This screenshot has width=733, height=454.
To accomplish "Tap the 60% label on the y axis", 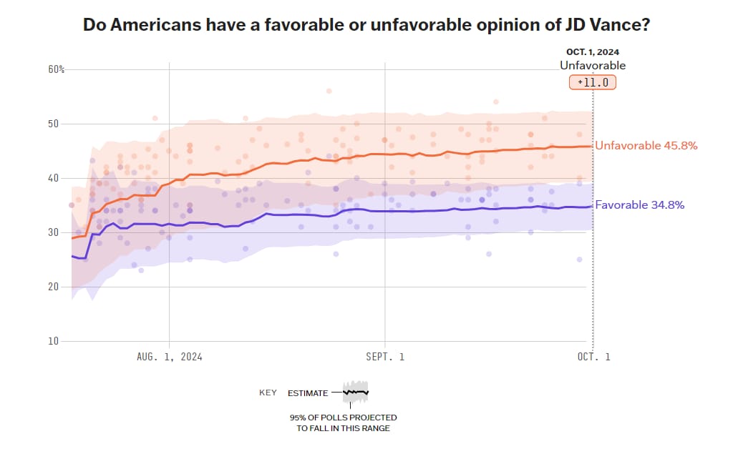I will pyautogui.click(x=57, y=69).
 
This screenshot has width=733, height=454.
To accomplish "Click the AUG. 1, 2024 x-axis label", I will pyautogui.click(x=169, y=356).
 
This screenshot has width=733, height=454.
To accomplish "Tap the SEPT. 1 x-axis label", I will pyautogui.click(x=385, y=356).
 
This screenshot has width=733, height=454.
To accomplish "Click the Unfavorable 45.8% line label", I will pyautogui.click(x=646, y=146).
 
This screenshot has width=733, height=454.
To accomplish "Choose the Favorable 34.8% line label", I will pyautogui.click(x=640, y=205).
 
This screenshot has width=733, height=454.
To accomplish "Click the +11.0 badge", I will pyautogui.click(x=593, y=82).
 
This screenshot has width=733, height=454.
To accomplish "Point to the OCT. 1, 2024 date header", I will pyautogui.click(x=593, y=52).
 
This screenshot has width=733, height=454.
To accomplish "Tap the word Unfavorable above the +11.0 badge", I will pyautogui.click(x=593, y=66).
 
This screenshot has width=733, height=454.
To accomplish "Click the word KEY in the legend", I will pyautogui.click(x=268, y=393).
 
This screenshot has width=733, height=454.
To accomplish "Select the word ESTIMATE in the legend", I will pyautogui.click(x=308, y=393).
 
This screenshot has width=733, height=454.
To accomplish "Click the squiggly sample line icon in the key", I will pyautogui.click(x=355, y=392).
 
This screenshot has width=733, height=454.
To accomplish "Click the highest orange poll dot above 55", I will pyautogui.click(x=329, y=91).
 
